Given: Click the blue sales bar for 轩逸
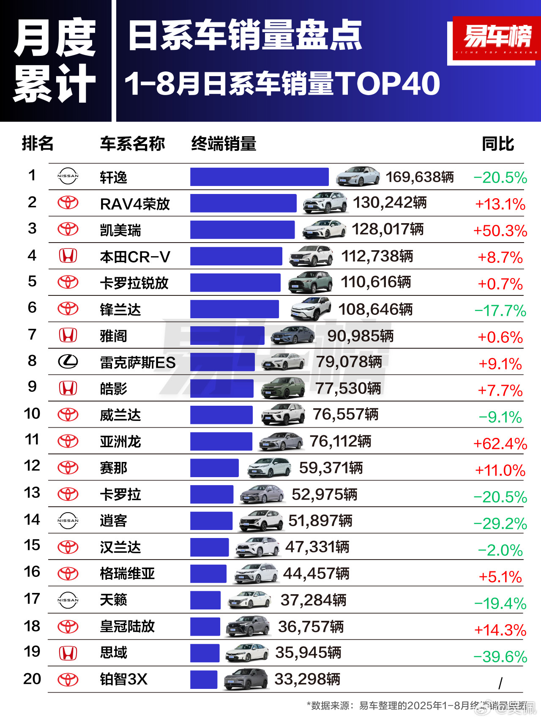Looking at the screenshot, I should click(x=259, y=177).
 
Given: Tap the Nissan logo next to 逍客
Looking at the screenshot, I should click(x=68, y=521).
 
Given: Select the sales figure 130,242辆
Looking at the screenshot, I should click(x=389, y=203).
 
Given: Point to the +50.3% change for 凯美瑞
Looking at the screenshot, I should click(x=500, y=231).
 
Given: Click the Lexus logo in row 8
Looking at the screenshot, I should click(x=68, y=361).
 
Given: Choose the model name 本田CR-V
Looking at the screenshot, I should click(x=135, y=257).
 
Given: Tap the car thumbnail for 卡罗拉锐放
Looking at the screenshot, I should click(x=310, y=282).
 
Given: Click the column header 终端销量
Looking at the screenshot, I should click(x=224, y=144).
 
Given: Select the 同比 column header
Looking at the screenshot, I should click(x=498, y=144).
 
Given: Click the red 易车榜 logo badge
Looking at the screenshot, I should click(x=497, y=39).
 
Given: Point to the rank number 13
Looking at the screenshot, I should click(x=32, y=493).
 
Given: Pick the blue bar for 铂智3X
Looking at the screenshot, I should click(x=204, y=680).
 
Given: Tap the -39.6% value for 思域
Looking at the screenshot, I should click(x=500, y=657).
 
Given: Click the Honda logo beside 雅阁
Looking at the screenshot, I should click(x=68, y=336).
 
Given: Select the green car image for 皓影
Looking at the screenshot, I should click(x=283, y=388).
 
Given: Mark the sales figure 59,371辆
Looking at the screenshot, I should click(x=331, y=468).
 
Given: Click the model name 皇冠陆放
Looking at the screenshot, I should click(x=127, y=626).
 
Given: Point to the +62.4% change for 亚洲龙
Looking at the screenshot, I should click(x=500, y=444).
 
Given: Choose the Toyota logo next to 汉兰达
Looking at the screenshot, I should click(x=68, y=547).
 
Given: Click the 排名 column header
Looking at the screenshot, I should click(x=38, y=144).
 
